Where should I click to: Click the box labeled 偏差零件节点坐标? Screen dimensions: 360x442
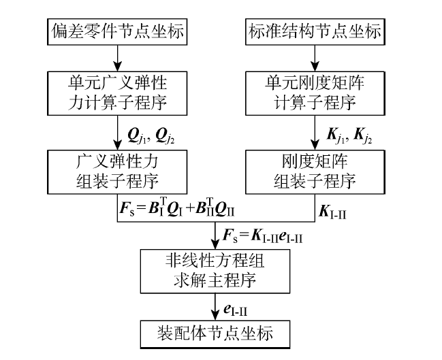tap(119, 31)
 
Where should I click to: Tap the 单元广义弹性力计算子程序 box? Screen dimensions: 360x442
tap(119, 92)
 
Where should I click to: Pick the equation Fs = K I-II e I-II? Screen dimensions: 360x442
tap(264, 236)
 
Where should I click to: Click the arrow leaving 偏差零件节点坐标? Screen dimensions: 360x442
tap(119, 55)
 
